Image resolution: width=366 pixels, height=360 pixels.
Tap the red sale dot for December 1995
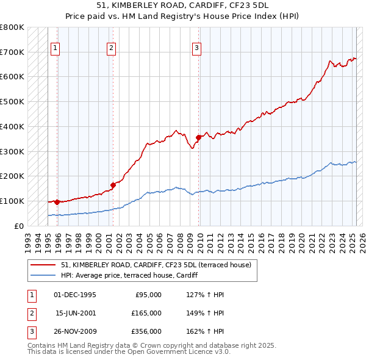(57, 202)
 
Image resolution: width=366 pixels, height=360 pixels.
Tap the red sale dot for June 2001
(113, 184)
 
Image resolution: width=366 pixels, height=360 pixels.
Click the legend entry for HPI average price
(135, 276)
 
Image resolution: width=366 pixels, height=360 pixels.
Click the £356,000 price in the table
(146, 331)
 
